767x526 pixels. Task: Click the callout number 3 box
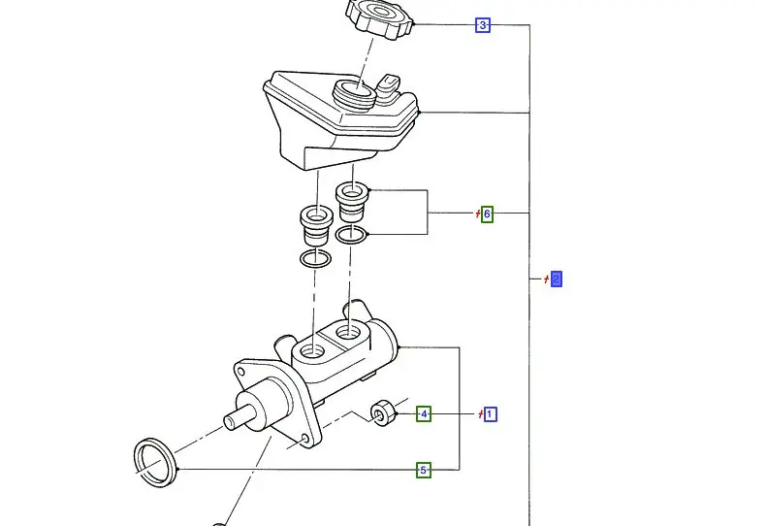(483, 25)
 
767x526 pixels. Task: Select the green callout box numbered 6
(487, 214)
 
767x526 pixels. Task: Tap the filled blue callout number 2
(556, 279)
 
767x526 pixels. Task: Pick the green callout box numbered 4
(424, 414)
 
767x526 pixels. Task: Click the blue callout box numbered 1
(490, 414)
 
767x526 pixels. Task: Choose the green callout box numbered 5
(424, 471)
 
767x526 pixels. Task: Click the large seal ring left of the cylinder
(153, 458)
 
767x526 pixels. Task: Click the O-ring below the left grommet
(314, 259)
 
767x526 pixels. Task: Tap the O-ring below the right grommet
(351, 235)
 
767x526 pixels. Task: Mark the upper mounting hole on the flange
(240, 370)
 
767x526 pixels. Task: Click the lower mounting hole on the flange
(305, 440)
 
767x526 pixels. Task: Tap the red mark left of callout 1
(479, 414)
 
